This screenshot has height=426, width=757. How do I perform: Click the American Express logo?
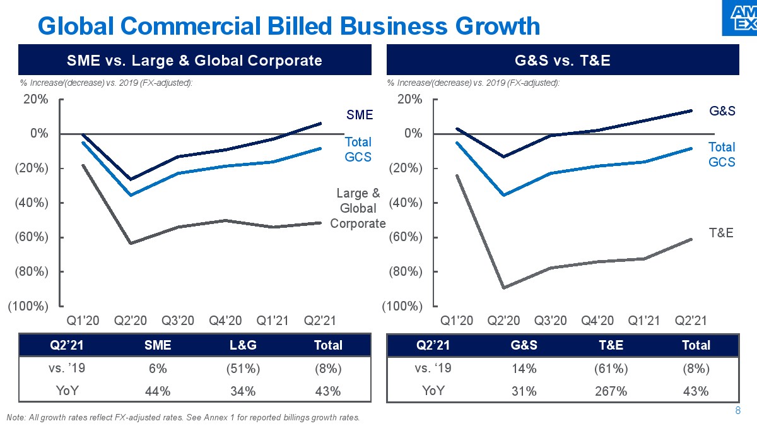pyautogui.click(x=739, y=18)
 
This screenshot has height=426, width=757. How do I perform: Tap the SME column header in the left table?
pyautogui.click(x=158, y=345)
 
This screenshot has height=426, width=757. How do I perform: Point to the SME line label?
pyautogui.click(x=360, y=115)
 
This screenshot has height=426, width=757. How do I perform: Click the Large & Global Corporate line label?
pyautogui.click(x=358, y=208)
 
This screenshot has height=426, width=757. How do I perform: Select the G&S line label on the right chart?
pyautogui.click(x=722, y=112)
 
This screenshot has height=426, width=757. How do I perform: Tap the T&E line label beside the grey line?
pyautogui.click(x=721, y=233)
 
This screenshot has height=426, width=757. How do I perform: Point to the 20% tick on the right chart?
pyautogui.click(x=409, y=99)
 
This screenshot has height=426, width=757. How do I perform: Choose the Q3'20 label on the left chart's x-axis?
pyautogui.click(x=178, y=321)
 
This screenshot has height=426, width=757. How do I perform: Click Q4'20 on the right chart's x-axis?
pyautogui.click(x=597, y=321)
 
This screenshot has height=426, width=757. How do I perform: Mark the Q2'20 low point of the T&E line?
pyautogui.click(x=503, y=288)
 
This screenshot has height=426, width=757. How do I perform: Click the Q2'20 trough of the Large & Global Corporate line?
pyautogui.click(x=131, y=243)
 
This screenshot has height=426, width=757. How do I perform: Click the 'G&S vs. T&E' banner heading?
pyautogui.click(x=561, y=61)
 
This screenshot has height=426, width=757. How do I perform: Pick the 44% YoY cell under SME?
pyautogui.click(x=158, y=391)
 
